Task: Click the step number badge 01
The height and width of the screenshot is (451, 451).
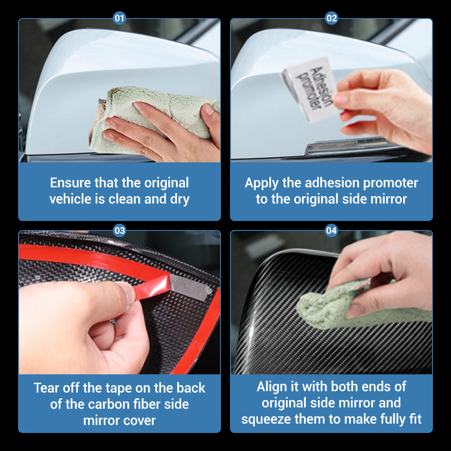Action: click(120, 18)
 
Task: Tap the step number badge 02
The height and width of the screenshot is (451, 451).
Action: click(331, 18)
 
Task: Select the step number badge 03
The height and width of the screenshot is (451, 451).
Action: click(120, 230)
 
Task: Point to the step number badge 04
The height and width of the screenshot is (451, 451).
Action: click(331, 230)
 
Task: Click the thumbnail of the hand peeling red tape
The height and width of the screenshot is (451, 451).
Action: click(120, 303)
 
